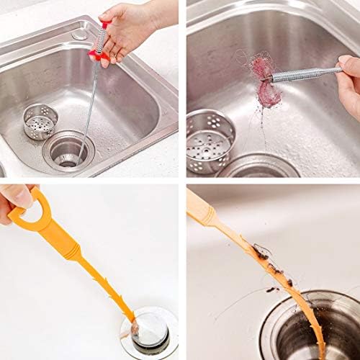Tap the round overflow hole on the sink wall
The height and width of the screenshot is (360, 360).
78,34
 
